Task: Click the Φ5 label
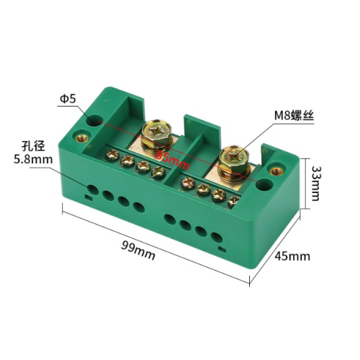[68, 99]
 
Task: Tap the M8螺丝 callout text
[294, 116]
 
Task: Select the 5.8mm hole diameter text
[33, 159]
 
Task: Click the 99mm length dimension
[138, 250]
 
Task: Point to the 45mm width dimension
[292, 256]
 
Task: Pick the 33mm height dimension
[315, 184]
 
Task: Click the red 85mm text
[172, 160]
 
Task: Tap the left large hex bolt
[157, 135]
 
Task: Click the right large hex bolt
[235, 162]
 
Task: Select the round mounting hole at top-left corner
[94, 121]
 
